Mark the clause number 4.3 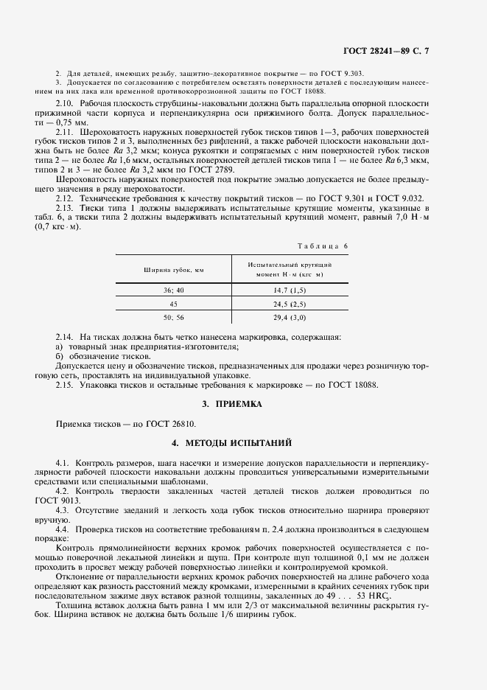(x=63, y=511)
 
